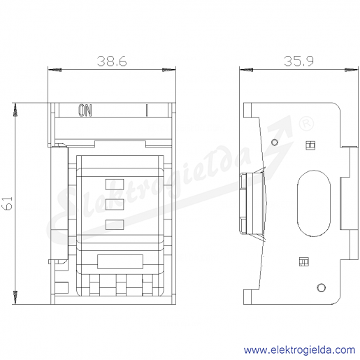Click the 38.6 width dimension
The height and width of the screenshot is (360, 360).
[x=112, y=62]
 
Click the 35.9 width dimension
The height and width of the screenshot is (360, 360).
[x=299, y=61]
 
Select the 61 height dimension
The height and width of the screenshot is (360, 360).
[x=8, y=203]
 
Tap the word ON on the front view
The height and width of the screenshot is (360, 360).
[x=85, y=110]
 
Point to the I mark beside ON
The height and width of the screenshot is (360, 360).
[x=147, y=110]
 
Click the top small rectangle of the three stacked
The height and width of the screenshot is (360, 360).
[x=115, y=185]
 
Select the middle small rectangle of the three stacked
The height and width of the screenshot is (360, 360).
[x=115, y=204]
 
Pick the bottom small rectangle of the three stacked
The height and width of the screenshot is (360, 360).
[x=115, y=224]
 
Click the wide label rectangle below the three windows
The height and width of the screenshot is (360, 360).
[x=120, y=261]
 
